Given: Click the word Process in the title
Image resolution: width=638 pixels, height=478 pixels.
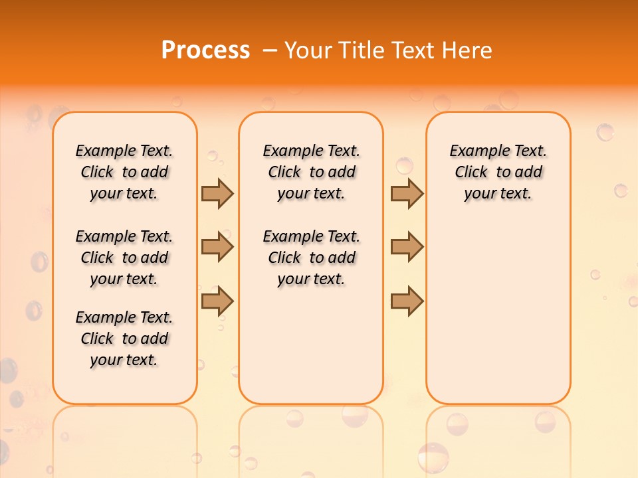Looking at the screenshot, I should click(205, 50).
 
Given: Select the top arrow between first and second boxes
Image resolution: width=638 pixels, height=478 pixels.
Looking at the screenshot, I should click(217, 193).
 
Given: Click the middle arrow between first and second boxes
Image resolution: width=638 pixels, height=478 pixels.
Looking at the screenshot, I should click(217, 248).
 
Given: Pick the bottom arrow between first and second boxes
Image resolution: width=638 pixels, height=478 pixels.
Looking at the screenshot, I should click(217, 301).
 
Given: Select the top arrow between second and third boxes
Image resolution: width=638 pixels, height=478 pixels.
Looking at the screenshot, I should click(407, 193).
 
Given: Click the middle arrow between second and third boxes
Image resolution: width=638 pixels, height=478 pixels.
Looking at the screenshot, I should click(407, 248).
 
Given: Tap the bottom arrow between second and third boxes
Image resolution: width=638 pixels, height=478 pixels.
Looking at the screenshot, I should click(407, 301).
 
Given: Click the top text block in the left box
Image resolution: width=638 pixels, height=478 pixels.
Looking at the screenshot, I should click(124, 172).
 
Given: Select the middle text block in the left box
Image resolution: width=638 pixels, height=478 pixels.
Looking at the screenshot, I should click(124, 258).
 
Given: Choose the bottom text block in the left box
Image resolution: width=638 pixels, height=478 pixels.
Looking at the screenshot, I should click(124, 339).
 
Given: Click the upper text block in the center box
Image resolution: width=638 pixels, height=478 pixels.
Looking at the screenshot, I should click(311, 172).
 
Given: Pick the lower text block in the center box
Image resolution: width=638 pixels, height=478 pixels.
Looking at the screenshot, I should click(311, 258).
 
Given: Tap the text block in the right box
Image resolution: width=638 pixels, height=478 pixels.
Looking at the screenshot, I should click(498, 172).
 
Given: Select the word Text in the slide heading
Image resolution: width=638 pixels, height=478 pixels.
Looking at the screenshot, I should click(414, 50).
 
